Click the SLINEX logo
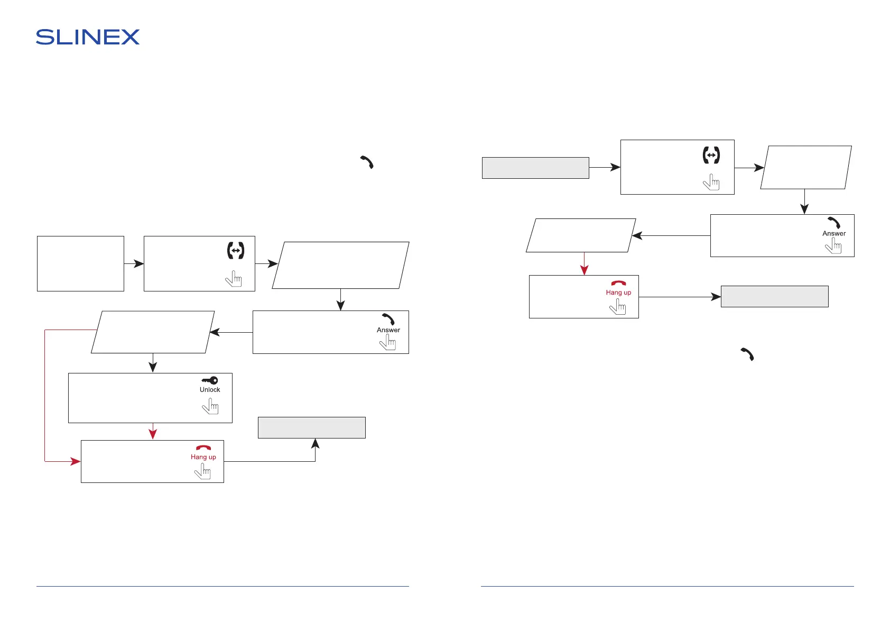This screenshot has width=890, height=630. coord(88,37)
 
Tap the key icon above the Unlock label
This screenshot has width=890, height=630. coord(210,380)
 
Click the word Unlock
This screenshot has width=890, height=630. coord(210,390)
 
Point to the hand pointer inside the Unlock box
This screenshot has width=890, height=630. coord(210,406)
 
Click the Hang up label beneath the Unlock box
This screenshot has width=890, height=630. coord(203,457)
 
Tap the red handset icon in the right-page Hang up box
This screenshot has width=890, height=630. coord(618,284)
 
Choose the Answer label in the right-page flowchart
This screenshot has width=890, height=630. coord(834,233)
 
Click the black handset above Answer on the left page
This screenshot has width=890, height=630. coord(388,319)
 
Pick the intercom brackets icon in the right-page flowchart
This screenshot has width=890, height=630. coord(711,155)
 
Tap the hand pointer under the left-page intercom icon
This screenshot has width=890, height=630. coord(234,278)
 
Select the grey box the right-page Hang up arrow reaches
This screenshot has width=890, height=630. coord(774,296)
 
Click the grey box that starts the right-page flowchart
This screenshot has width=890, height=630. coord(535,168)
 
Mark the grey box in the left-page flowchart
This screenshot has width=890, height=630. coord(311,427)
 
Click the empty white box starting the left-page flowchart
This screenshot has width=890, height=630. coord(80,263)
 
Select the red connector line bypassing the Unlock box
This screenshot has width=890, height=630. coord(45,397)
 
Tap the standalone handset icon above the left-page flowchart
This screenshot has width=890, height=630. coord(367,162)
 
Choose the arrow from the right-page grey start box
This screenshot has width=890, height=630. coord(605,167)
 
